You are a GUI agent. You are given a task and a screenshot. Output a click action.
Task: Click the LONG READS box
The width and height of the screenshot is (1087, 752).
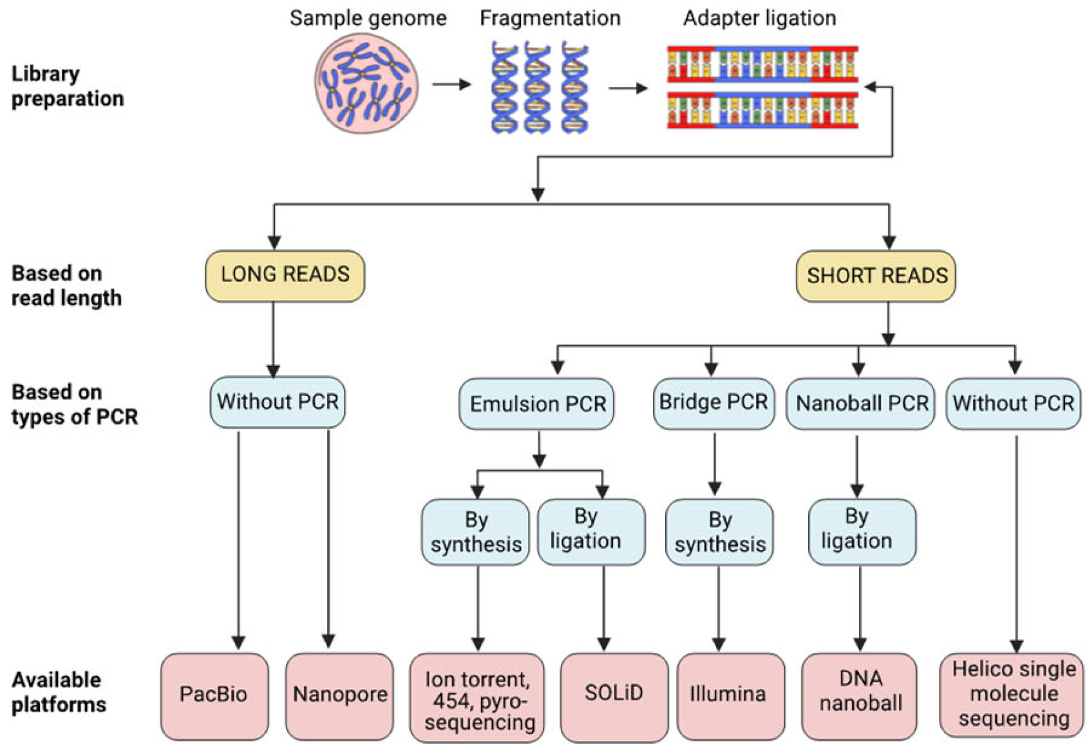[x=285, y=276]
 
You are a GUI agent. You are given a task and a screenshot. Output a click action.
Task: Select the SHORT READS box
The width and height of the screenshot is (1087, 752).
[x=876, y=276]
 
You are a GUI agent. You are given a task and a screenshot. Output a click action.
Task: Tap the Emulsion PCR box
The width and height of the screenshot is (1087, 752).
[x=536, y=404]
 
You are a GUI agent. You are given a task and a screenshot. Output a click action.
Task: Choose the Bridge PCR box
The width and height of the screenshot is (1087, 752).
[x=714, y=403]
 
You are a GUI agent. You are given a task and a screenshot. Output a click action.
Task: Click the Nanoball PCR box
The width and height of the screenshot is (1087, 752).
[x=860, y=404]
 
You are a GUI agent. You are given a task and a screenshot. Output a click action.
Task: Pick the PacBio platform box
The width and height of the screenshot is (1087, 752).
[x=214, y=695]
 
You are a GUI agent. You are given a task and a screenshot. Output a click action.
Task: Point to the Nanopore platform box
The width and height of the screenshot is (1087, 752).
[x=339, y=695]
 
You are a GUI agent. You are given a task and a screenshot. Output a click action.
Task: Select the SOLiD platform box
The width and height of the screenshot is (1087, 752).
[x=614, y=695]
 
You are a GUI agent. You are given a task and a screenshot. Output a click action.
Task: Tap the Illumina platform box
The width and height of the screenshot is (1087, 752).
[x=728, y=695]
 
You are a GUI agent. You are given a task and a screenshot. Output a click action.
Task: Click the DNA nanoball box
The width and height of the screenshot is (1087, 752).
[x=860, y=695]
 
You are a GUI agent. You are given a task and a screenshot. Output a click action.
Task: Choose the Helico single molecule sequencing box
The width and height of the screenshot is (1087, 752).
[x=1013, y=694]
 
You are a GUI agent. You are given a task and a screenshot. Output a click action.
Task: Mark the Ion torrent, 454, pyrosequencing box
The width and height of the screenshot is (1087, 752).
[x=478, y=698]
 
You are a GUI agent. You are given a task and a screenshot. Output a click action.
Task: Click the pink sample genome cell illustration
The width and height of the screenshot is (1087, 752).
[x=366, y=84]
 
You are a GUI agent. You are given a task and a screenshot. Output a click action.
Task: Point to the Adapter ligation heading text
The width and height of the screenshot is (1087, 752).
[x=760, y=18]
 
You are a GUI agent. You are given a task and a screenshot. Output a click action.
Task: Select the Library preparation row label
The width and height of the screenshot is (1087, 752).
[x=67, y=86]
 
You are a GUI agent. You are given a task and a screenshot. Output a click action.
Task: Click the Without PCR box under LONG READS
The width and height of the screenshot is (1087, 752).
[x=278, y=402]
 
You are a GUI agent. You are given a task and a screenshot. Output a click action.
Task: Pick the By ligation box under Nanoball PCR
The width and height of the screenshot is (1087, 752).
[x=862, y=531]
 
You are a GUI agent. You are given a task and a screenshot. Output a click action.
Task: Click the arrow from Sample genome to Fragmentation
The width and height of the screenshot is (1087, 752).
[x=451, y=84]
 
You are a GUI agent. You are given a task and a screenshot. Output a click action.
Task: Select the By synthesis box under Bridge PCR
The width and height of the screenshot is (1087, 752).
[x=719, y=532]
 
